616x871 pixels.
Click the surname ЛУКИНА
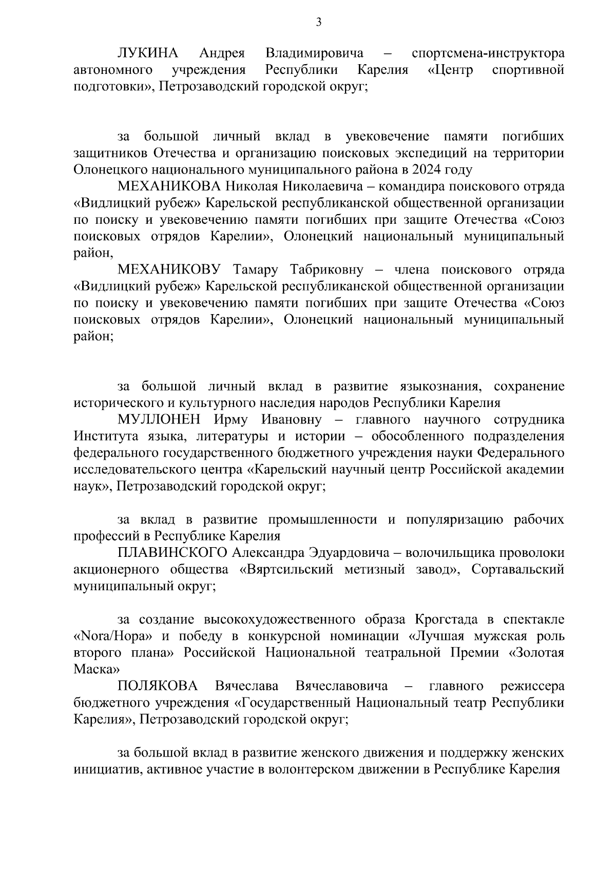coord(148,53)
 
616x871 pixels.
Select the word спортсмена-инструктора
coord(488,53)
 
